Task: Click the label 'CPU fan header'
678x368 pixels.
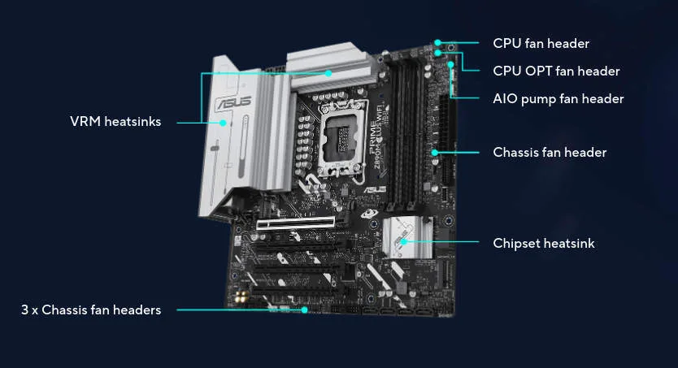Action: tap(541, 43)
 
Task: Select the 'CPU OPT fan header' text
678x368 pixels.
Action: tap(556, 71)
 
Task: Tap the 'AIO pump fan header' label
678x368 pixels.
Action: tap(558, 99)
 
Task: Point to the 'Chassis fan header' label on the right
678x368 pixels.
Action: tap(550, 152)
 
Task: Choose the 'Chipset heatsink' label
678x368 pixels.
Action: tap(544, 243)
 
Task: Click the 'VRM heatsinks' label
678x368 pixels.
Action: tap(115, 121)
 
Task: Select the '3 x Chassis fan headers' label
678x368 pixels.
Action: tap(91, 310)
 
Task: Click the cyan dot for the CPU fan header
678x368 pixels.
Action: tap(437, 42)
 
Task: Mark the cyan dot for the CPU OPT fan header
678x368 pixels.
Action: tap(437, 53)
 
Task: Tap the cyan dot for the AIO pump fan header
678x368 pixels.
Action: tap(451, 65)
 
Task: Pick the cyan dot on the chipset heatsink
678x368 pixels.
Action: tap(403, 241)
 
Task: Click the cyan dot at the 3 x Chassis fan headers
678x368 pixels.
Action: tap(304, 310)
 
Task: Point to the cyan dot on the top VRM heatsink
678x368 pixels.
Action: tap(328, 73)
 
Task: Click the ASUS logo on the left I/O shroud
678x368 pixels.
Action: tap(233, 103)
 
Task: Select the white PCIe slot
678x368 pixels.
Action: tap(296, 223)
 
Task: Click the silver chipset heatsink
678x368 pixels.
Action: tap(407, 237)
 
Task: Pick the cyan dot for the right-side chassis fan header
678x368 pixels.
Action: tap(435, 153)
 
